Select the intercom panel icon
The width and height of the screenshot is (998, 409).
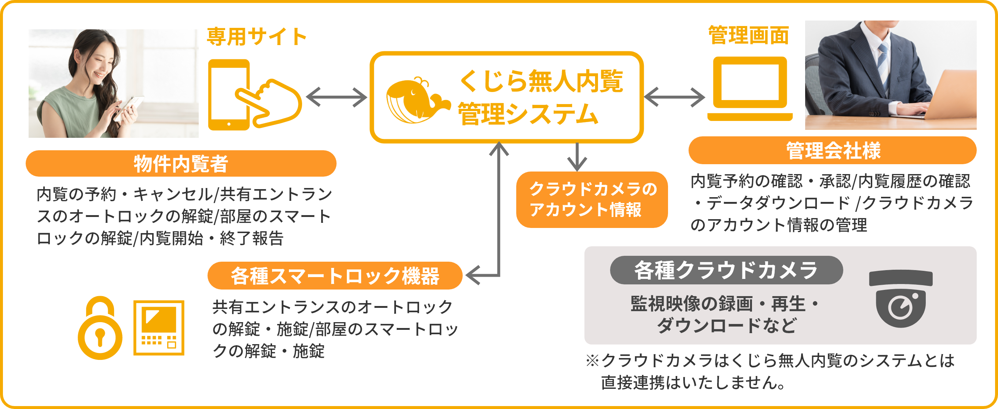click(159, 328)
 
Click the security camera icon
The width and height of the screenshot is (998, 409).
click(901, 298)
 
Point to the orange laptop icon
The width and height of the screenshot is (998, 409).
click(750, 89)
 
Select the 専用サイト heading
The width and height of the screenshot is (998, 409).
click(257, 37)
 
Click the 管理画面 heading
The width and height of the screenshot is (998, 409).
click(749, 36)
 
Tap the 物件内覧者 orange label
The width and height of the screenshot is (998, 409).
click(181, 163)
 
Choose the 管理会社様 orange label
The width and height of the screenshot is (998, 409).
click(833, 150)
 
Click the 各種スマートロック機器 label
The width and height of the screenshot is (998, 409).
click(335, 276)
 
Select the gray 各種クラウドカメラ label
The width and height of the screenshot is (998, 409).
click(726, 270)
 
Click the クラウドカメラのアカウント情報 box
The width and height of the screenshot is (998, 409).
click(592, 199)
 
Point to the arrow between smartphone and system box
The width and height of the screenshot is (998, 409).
click(336, 97)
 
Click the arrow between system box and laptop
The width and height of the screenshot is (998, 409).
click(674, 97)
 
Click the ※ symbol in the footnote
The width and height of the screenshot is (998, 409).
click(592, 361)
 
